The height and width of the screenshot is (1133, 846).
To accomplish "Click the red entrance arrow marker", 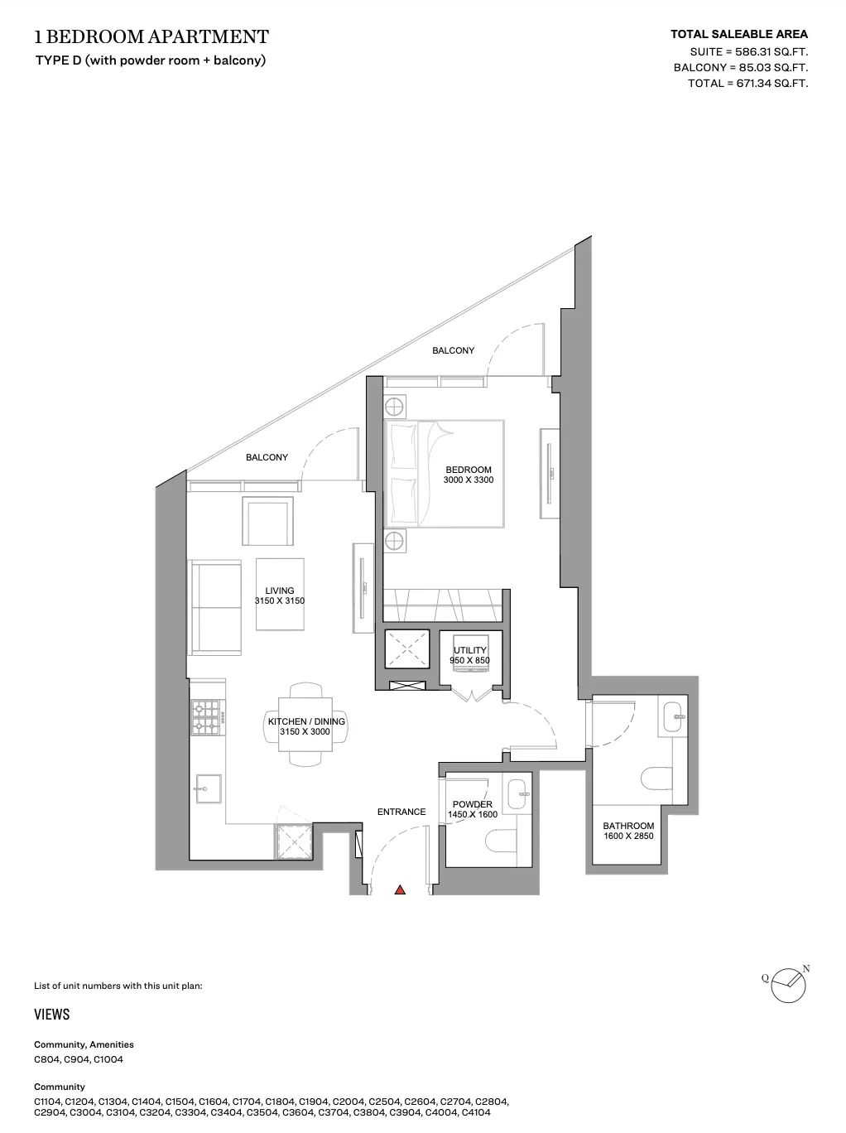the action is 400,890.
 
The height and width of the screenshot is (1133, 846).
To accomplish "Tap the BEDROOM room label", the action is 469,470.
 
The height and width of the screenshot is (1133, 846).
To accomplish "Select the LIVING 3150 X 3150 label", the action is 280,595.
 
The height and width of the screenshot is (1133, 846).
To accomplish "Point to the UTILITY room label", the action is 470,650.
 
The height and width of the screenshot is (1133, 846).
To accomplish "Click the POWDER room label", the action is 473,804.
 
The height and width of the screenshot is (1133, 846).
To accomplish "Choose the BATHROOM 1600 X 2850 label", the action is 628,831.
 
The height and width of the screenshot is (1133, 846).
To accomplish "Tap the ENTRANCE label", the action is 401,812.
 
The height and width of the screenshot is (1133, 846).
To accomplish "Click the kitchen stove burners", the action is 206,717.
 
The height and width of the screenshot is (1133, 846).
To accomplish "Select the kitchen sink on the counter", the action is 209,788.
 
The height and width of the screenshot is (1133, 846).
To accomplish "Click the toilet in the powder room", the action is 501,841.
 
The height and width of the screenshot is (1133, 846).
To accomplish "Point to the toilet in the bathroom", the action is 656,778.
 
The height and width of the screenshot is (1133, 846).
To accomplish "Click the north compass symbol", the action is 788,985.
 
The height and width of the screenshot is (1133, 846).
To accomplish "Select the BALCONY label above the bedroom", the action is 454,350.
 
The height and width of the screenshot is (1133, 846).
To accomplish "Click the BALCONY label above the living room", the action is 267,457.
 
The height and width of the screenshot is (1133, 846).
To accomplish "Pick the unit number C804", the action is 46,1059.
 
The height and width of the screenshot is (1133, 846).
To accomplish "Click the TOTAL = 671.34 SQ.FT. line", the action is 748,83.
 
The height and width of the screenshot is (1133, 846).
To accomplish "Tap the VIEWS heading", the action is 51,1015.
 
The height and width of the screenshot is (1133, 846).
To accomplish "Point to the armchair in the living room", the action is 267,521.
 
